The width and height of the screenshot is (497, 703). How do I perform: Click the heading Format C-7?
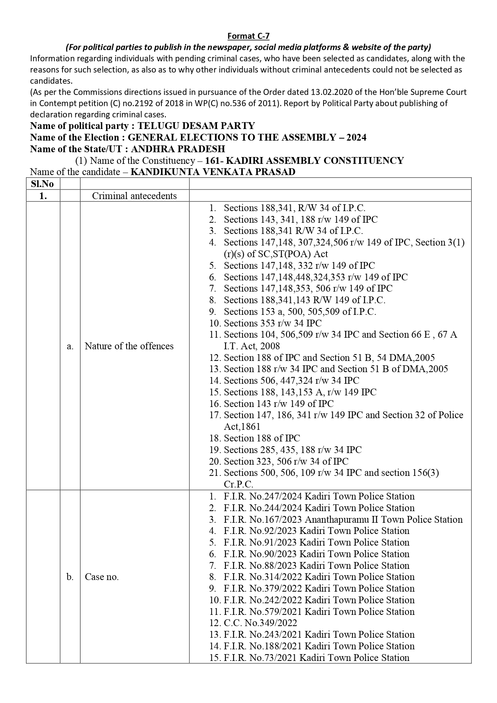248,36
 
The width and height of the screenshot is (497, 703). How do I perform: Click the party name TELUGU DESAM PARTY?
196,126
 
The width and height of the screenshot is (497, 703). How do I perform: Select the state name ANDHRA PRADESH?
178,149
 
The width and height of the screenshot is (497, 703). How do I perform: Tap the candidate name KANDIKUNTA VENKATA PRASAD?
213,172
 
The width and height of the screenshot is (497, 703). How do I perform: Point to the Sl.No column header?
43,184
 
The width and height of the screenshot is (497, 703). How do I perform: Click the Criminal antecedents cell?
134,196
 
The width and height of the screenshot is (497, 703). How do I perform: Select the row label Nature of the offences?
129,346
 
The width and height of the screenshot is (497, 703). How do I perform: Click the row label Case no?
102,577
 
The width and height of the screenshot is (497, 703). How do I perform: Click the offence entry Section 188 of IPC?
262,438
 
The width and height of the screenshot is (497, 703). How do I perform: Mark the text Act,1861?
242,427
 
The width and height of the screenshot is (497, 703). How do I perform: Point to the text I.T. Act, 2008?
252,346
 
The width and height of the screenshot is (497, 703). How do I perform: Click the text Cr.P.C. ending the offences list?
238,484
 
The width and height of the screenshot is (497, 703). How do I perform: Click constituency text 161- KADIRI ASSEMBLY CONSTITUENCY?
304,161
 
